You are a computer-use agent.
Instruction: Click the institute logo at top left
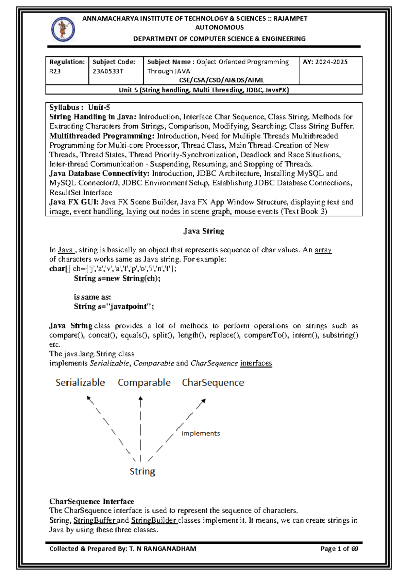(63, 30)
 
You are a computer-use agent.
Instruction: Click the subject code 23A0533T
(108, 71)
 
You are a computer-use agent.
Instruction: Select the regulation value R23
(55, 71)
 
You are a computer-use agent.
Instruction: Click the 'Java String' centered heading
(204, 231)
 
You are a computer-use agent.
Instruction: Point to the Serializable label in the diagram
(80, 383)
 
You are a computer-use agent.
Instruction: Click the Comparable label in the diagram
(144, 383)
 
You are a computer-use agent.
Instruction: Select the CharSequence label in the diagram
(213, 383)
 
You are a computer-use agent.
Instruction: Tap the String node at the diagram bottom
(142, 471)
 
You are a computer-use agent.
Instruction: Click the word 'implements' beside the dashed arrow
(201, 433)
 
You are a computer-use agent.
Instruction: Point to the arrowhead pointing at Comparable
(140, 399)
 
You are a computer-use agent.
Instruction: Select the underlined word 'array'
(323, 250)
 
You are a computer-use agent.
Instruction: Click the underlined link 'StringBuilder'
(154, 520)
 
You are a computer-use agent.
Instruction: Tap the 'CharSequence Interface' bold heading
(92, 502)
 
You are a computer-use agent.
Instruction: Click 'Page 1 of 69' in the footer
(339, 549)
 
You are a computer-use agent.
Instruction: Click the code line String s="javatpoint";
(114, 307)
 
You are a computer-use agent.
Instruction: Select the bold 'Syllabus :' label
(66, 108)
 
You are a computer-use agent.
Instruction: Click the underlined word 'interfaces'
(256, 363)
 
